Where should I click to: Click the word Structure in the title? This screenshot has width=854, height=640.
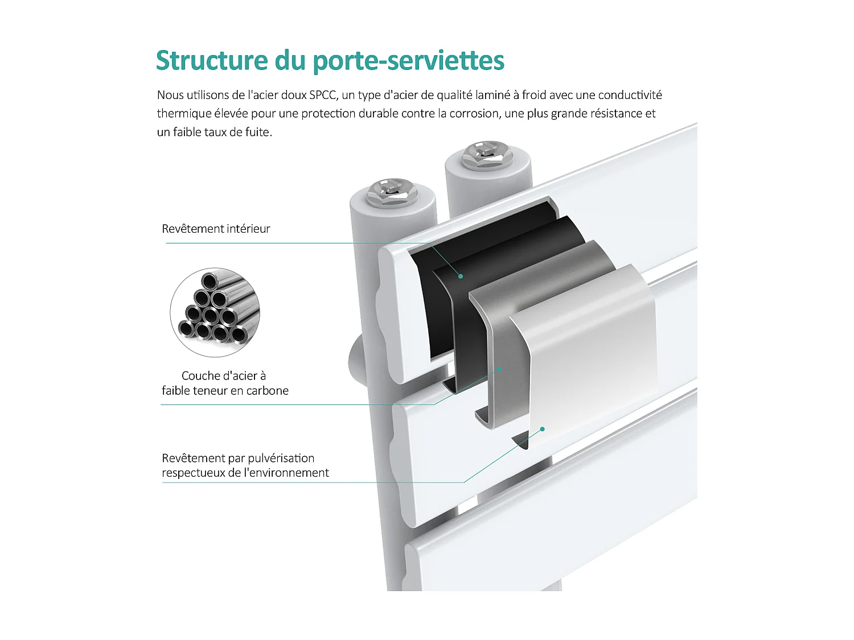pyautogui.click(x=212, y=60)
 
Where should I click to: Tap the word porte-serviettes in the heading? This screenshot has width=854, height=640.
pyautogui.click(x=409, y=61)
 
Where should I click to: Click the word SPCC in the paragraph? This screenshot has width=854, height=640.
pyautogui.click(x=322, y=95)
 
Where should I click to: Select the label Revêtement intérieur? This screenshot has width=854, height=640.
pyautogui.click(x=216, y=229)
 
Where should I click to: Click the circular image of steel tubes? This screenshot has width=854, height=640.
pyautogui.click(x=215, y=312)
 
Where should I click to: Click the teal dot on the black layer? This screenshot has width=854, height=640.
pyautogui.click(x=461, y=276)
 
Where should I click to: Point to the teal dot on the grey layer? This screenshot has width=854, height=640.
pyautogui.click(x=500, y=369)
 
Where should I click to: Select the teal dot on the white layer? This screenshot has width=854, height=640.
pyautogui.click(x=543, y=429)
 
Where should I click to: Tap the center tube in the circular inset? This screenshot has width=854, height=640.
pyautogui.click(x=211, y=315)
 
